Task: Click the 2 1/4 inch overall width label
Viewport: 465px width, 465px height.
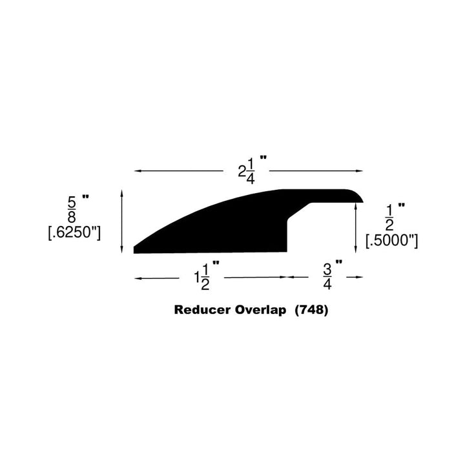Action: pyautogui.click(x=249, y=170)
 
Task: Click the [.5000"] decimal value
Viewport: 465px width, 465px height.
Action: pyautogui.click(x=392, y=241)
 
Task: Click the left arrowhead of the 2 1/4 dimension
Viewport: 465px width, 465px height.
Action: pyautogui.click(x=136, y=170)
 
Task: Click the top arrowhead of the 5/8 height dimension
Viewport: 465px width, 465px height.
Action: pyautogui.click(x=122, y=192)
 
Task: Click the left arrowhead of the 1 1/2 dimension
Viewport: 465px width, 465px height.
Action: pyautogui.click(x=136, y=277)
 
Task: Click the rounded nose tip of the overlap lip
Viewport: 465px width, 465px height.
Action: pyautogui.click(x=362, y=198)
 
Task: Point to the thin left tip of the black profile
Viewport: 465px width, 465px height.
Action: pyautogui.click(x=136, y=249)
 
